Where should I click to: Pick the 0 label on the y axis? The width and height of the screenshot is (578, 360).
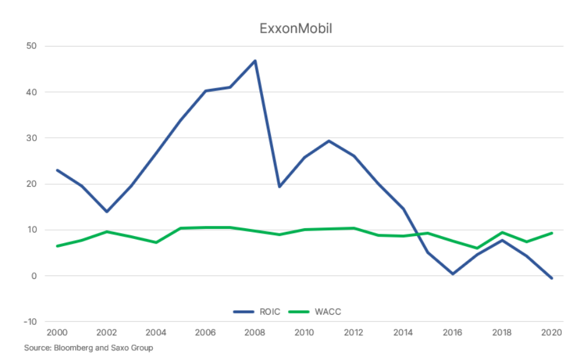34,276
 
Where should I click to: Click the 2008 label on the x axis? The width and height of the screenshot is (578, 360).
255,333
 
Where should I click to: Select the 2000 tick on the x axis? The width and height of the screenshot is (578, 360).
57,333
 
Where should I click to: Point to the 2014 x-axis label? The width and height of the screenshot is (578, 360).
403,333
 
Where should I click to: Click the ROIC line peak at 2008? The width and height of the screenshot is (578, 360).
255,61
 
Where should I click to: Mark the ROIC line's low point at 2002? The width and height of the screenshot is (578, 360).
106,212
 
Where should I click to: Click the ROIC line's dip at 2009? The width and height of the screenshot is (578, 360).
280,187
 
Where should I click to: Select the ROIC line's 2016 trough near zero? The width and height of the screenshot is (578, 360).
453,274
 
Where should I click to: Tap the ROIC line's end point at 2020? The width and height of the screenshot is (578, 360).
552,278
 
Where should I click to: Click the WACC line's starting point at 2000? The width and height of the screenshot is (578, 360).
57,246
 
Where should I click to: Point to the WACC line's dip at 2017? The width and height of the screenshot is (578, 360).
477,248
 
